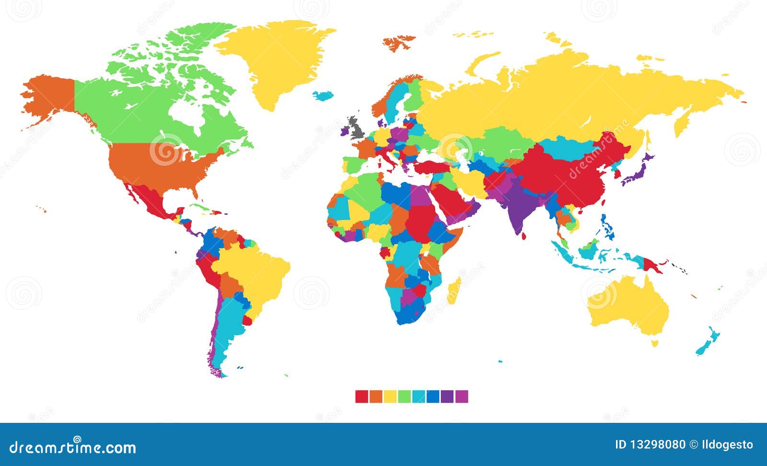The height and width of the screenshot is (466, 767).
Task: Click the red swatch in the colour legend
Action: click(361, 396)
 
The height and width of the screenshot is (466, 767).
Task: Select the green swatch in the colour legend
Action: click(404, 396)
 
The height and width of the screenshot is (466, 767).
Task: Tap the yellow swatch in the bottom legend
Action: click(390, 396)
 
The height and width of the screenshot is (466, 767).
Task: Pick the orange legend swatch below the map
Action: click(376, 396)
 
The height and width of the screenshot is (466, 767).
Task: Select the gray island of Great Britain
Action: click(356, 127)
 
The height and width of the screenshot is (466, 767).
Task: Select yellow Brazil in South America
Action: click(254, 278)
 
